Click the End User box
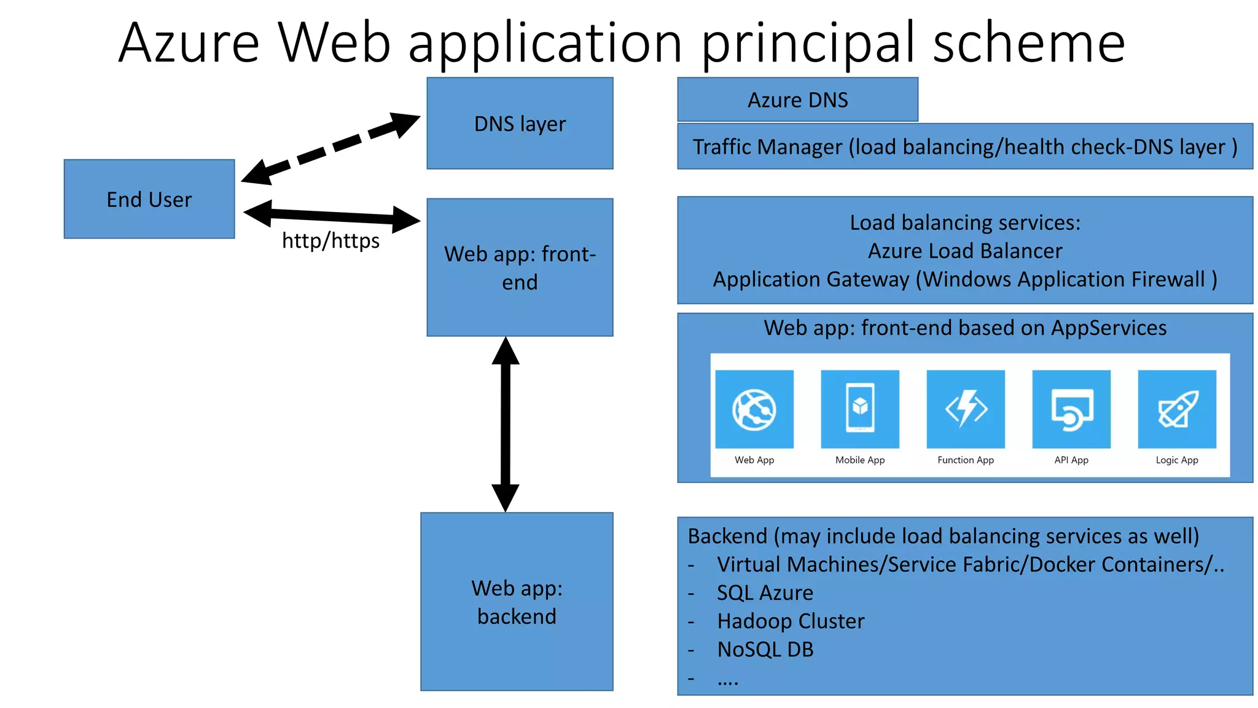click(x=149, y=199)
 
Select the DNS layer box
click(x=520, y=124)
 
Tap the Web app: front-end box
click(x=520, y=267)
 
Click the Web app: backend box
click(x=517, y=602)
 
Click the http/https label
click(x=330, y=240)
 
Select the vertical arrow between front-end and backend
click(x=506, y=424)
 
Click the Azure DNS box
click(x=797, y=100)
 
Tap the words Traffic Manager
click(x=767, y=147)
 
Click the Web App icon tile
click(x=754, y=409)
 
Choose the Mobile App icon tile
click(x=860, y=409)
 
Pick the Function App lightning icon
click(x=966, y=409)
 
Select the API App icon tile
click(x=1071, y=409)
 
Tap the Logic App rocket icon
click(x=1177, y=409)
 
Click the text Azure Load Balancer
click(x=965, y=251)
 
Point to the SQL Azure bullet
click(x=765, y=592)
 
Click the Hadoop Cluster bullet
click(x=791, y=621)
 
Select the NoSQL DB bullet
click(x=765, y=649)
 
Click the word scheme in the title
click(x=1029, y=43)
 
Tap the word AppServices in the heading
click(x=1108, y=328)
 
